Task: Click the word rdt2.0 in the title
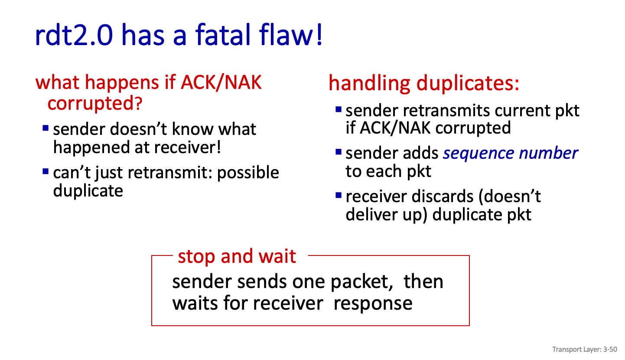tap(74, 34)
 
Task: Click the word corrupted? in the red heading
tap(95, 103)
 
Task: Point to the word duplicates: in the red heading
tap(468, 83)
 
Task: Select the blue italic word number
tap(549, 153)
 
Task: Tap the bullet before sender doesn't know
tap(46, 128)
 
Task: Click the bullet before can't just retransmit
tap(46, 171)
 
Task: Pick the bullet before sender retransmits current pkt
tap(339, 109)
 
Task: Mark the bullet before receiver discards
tap(339, 195)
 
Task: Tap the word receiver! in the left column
tap(188, 147)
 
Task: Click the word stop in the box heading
tap(196, 256)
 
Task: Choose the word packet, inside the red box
tap(362, 282)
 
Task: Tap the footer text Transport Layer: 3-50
tap(585, 350)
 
